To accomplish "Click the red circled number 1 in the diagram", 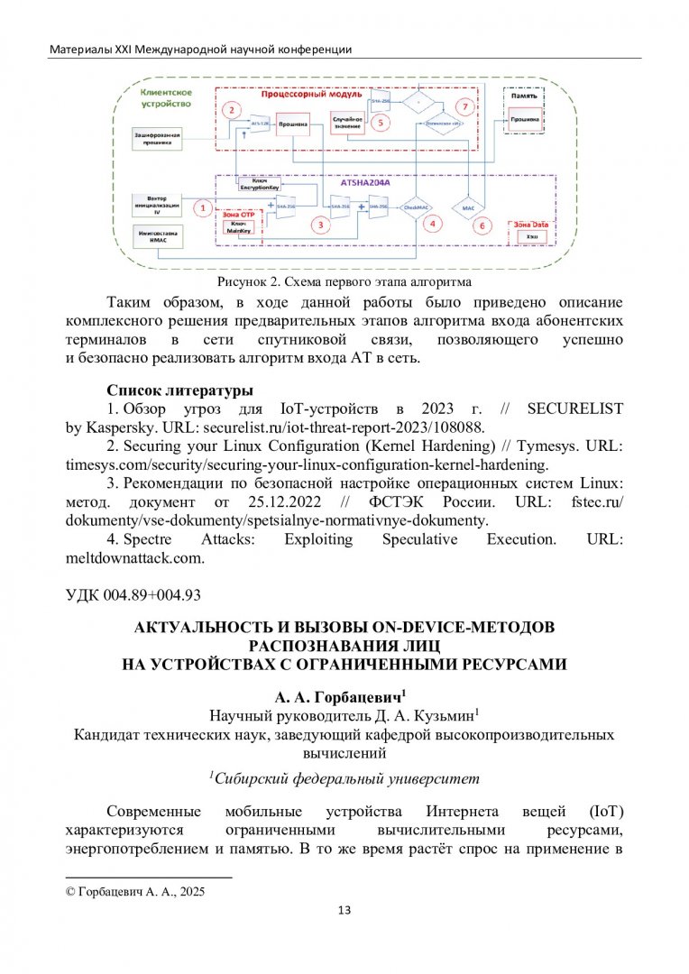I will click(204, 207).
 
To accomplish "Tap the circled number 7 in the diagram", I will click(465, 105).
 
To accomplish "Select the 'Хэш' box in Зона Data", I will click(530, 235).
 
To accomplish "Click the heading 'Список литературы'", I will click(179, 391).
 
